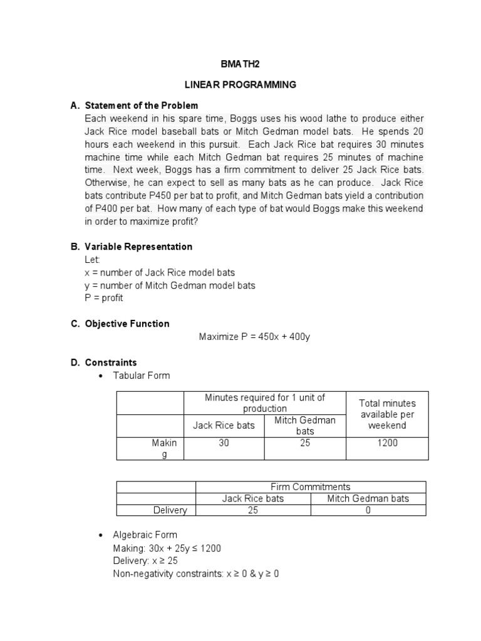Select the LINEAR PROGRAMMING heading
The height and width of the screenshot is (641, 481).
239,85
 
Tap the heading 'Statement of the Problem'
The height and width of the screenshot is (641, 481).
142,105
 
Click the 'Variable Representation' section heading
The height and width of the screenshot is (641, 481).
139,247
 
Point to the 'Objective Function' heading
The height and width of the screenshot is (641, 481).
128,324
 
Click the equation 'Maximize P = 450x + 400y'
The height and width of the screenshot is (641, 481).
254,337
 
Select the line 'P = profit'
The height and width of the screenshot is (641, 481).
104,298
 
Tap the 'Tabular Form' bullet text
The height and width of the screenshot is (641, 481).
141,376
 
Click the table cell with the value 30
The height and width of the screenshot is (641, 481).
224,443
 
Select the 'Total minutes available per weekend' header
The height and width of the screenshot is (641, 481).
387,414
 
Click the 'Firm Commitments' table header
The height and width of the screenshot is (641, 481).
310,486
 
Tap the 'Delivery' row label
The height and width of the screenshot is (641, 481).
170,510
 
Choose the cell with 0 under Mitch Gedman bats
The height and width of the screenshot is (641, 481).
368,510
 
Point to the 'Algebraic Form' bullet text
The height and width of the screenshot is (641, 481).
145,535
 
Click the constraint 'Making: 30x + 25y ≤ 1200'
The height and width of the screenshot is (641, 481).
167,548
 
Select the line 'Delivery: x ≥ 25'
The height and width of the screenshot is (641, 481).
145,561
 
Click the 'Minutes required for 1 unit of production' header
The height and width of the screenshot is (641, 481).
266,403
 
